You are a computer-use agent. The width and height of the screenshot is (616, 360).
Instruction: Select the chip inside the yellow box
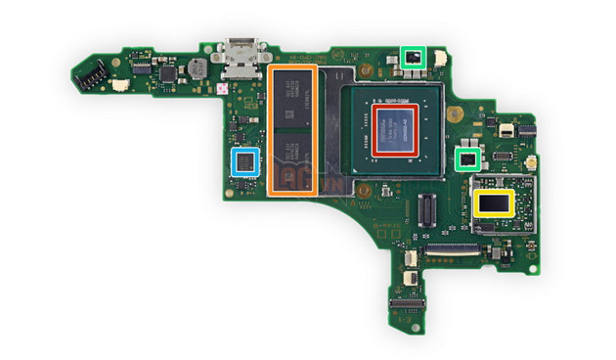[493, 203]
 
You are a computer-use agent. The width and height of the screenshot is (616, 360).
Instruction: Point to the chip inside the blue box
[243, 161]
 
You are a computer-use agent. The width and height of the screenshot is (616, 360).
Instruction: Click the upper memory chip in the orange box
[292, 99]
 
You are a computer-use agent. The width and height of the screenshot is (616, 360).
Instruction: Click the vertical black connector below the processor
[426, 207]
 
